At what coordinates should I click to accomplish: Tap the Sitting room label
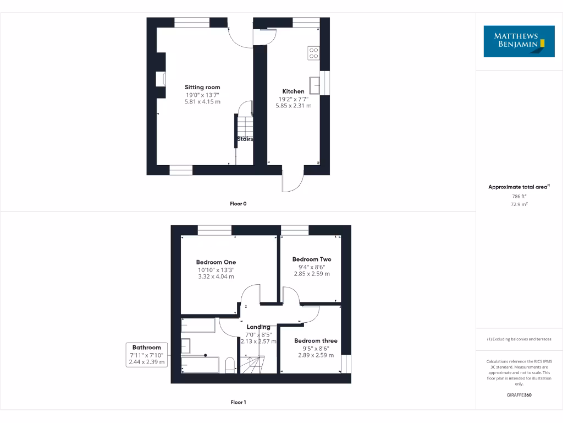pyautogui.click(x=202, y=87)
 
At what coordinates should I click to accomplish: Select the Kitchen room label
pyautogui.click(x=293, y=91)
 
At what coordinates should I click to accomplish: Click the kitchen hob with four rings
pyautogui.click(x=314, y=53)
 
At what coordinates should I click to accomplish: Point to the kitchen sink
pyautogui.click(x=316, y=85)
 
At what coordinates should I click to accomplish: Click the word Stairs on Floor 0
pyautogui.click(x=245, y=139)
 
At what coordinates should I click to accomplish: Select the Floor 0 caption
pyautogui.click(x=238, y=204)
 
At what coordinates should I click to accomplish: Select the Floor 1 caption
pyautogui.click(x=238, y=403)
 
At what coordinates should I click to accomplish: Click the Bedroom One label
pyautogui.click(x=217, y=262)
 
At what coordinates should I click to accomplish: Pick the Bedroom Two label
pyautogui.click(x=312, y=259)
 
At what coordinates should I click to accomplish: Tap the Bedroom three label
pyautogui.click(x=316, y=341)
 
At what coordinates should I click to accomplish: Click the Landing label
pyautogui.click(x=258, y=327)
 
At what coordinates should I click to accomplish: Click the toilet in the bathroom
pyautogui.click(x=230, y=364)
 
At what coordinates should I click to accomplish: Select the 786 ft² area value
pyautogui.click(x=518, y=196)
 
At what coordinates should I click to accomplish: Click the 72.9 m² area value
pyautogui.click(x=518, y=204)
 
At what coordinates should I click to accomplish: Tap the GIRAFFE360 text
pyautogui.click(x=518, y=395)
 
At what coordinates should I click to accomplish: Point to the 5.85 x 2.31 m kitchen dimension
pyautogui.click(x=294, y=106)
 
